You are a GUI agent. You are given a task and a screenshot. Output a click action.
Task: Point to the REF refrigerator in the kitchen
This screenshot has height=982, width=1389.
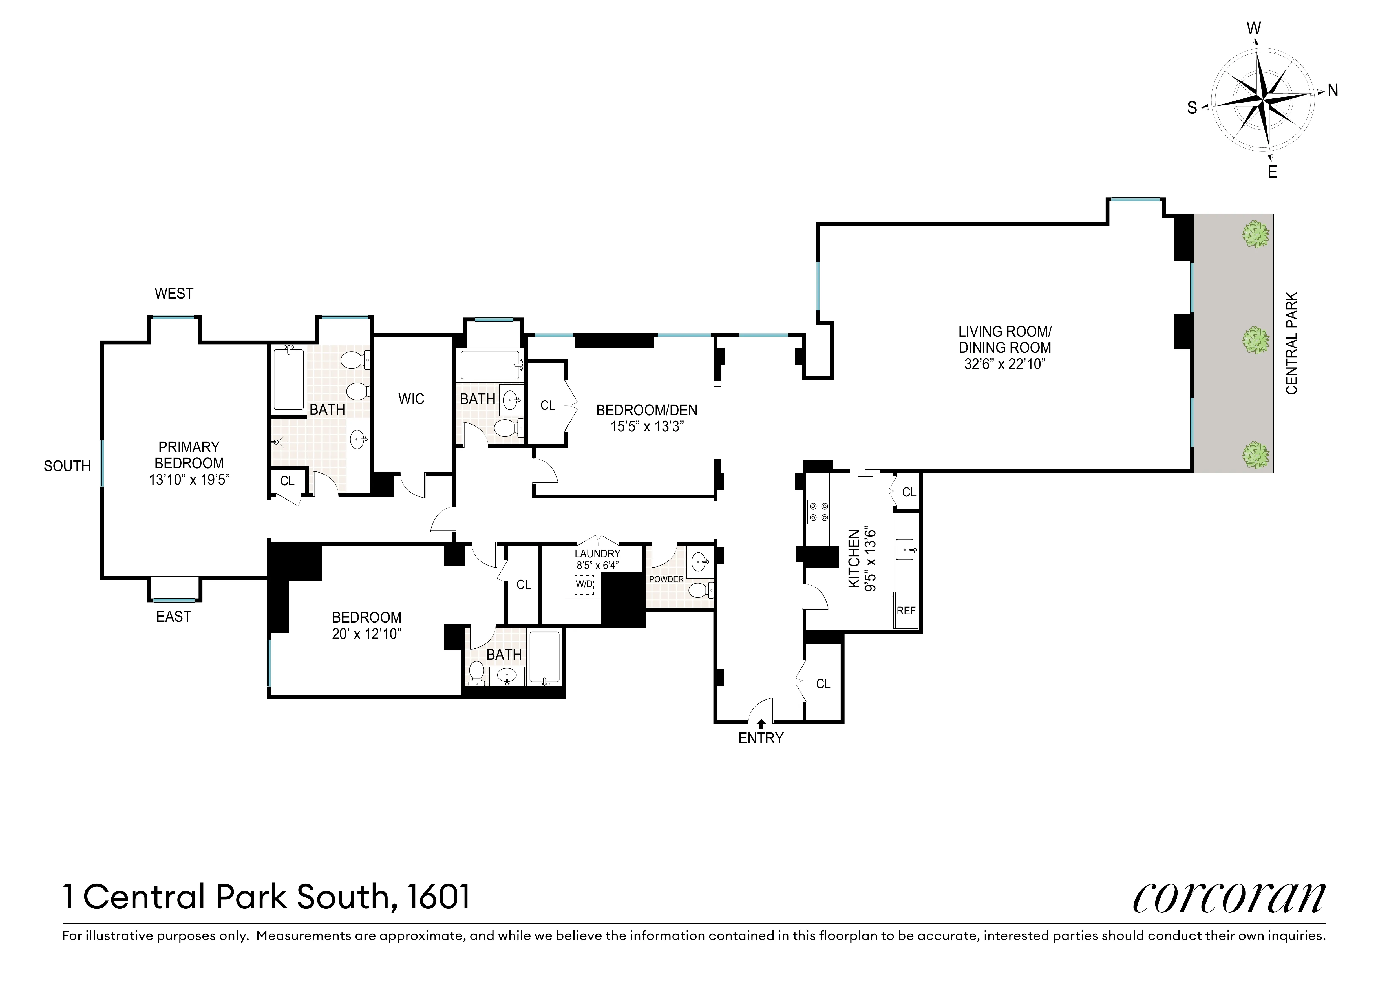tap(906, 610)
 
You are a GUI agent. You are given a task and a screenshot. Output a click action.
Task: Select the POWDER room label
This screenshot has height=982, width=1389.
tap(666, 579)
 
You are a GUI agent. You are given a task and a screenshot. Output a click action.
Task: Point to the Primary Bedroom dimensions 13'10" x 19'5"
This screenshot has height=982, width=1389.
tap(189, 480)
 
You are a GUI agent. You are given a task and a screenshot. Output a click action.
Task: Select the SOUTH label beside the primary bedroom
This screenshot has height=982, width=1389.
tap(67, 466)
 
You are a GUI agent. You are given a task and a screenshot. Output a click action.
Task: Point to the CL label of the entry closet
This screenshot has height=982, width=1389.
tap(823, 684)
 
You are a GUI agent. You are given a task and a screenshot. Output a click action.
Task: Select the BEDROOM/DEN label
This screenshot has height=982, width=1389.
tap(647, 410)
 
